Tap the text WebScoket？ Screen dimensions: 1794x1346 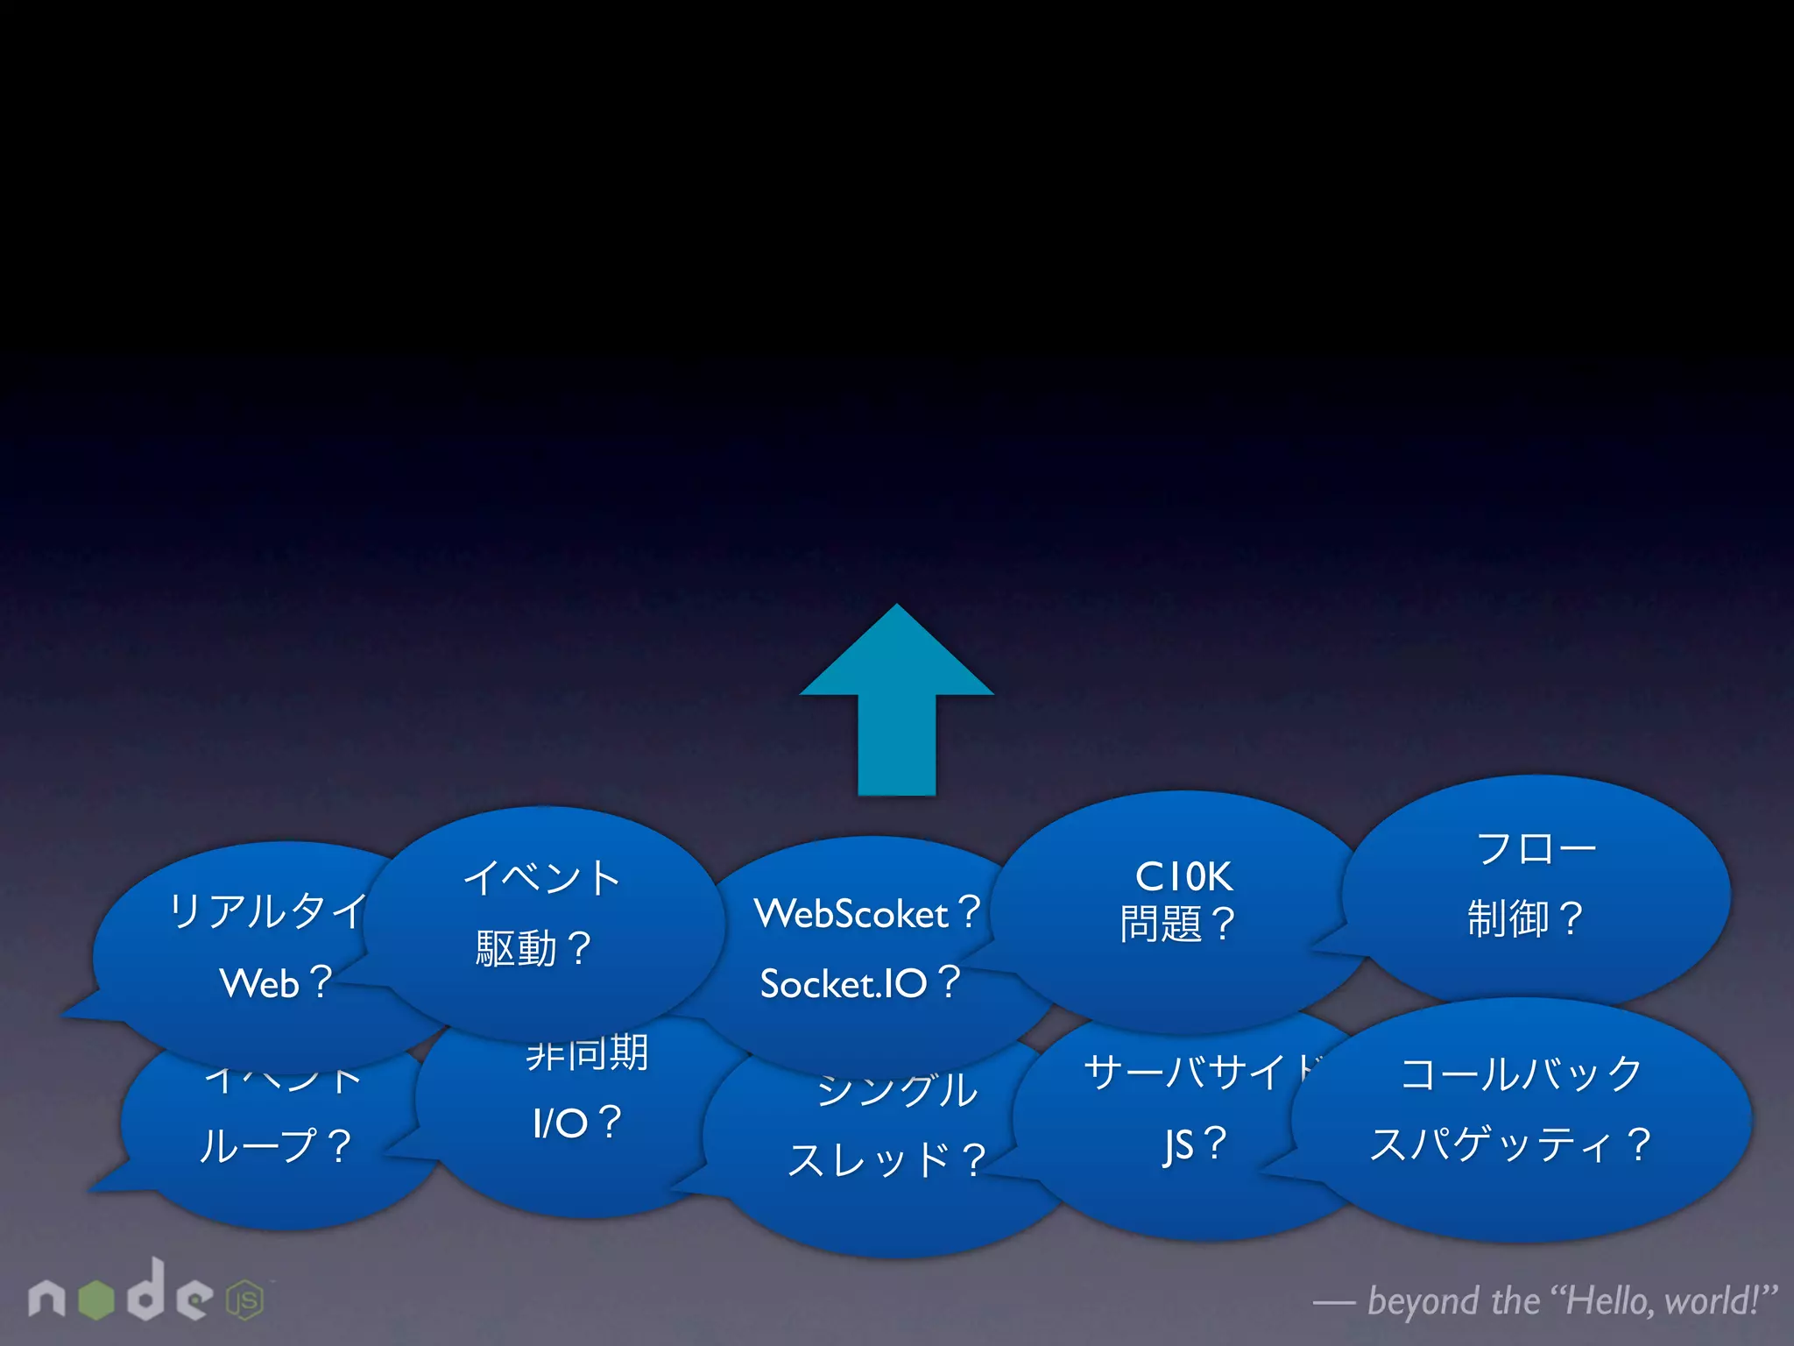point(867,913)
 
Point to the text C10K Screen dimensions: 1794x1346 point(1183,876)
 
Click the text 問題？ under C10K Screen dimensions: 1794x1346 point(1177,924)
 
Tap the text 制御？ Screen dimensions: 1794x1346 point(1525,918)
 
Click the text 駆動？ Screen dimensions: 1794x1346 point(533,948)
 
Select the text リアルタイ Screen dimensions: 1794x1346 point(267,911)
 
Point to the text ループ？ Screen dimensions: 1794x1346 point(275,1145)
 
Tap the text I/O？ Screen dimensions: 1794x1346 point(576,1123)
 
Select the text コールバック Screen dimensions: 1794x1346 point(1522,1073)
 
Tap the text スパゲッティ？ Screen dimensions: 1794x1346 point(1510,1144)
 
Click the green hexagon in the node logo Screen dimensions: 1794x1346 point(96,1300)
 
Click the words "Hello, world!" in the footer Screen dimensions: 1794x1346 point(1663,1300)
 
